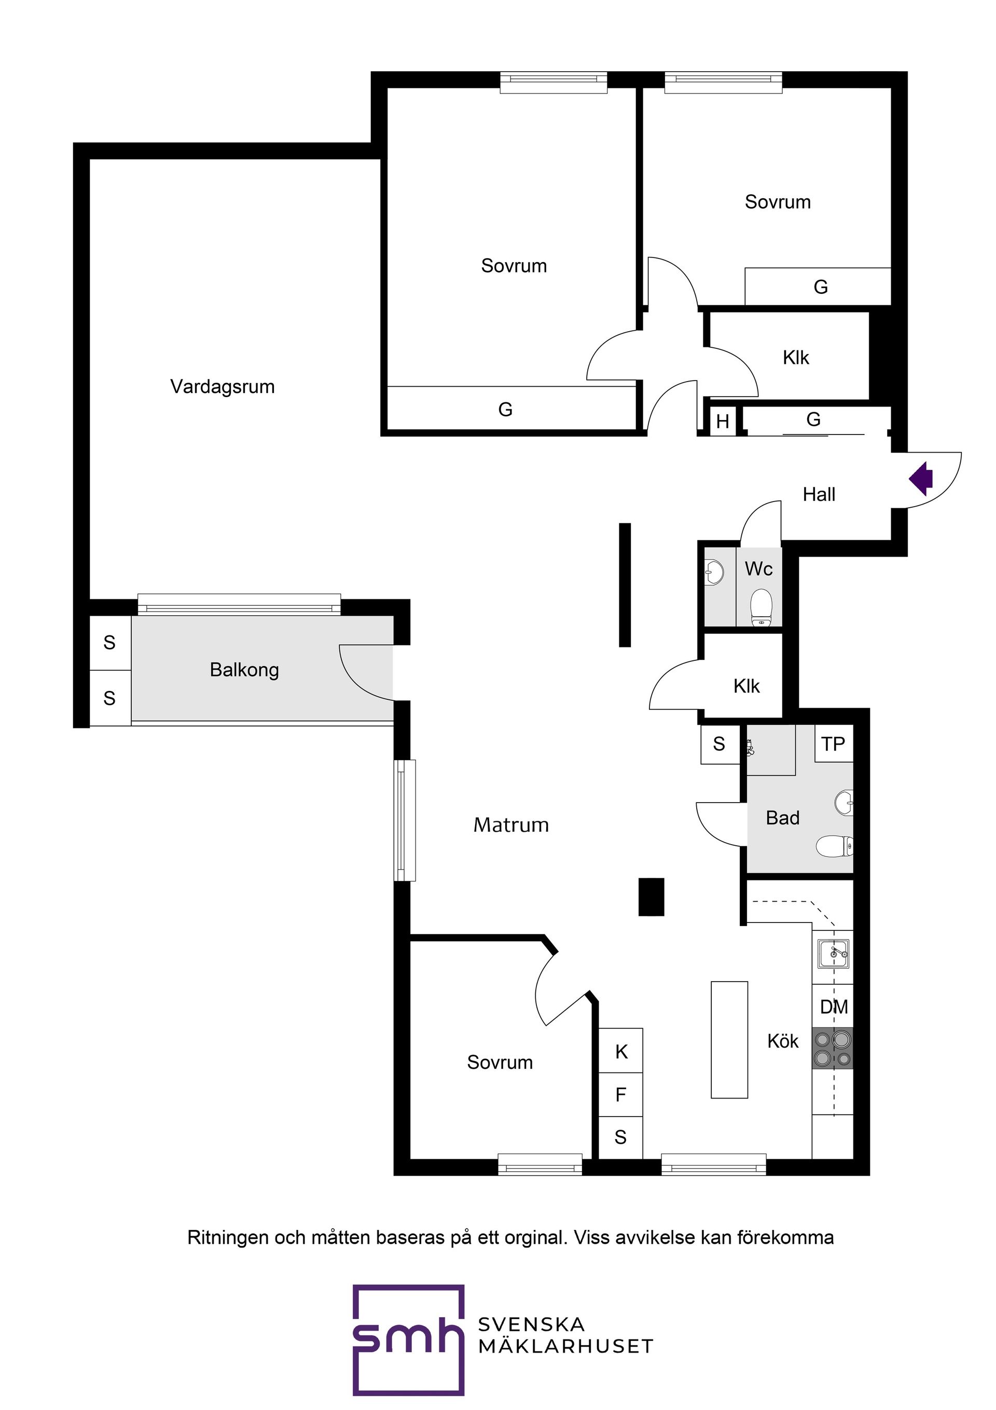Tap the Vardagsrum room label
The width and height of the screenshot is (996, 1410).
click(222, 387)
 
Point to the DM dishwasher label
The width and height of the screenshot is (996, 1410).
click(834, 1007)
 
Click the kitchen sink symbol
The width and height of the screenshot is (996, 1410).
click(834, 954)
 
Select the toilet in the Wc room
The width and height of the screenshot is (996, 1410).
click(761, 606)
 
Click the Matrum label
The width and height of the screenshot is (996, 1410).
click(511, 825)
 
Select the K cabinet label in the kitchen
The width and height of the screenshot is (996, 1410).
click(621, 1052)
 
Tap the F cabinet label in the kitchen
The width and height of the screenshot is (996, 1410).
click(620, 1094)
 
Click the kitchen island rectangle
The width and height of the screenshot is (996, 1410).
click(729, 1039)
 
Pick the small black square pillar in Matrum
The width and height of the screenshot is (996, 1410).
click(651, 897)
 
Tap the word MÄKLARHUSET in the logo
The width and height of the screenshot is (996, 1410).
click(565, 1347)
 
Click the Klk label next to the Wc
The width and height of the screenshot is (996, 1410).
click(746, 686)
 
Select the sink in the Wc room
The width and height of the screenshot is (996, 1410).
click(714, 572)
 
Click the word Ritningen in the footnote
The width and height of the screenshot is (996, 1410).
click(228, 1238)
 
